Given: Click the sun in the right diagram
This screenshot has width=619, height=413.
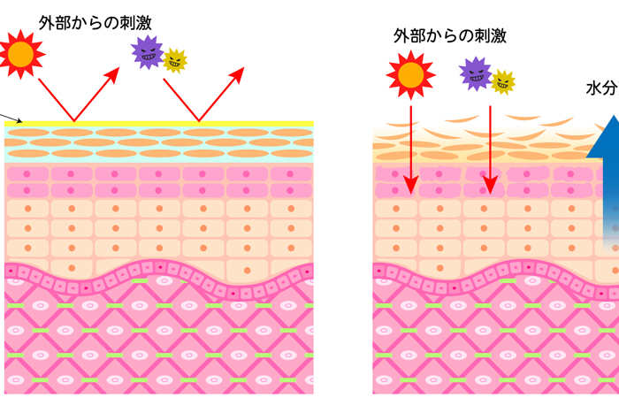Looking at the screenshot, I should coord(410,74).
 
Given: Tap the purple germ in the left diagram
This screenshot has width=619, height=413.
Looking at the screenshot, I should coord(147,52).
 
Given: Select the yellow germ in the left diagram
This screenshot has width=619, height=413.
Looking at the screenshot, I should coord(176,60).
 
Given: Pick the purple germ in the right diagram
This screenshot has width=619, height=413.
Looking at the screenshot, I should coord(476,73).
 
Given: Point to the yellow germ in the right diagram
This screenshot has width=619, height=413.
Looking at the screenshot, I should coord(503,81).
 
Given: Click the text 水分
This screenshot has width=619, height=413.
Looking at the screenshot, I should coord(602,88).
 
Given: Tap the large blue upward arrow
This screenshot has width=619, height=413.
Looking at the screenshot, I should coord(606,177).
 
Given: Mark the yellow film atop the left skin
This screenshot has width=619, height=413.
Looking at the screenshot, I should coord(159,124).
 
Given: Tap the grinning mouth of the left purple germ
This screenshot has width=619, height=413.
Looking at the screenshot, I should coord(147,59).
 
